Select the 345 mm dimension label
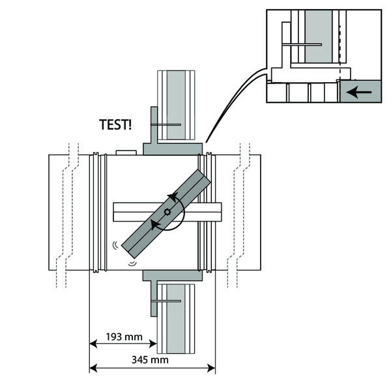(x=152, y=360)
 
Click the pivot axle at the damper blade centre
(x=167, y=211)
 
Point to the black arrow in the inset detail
(x=359, y=92)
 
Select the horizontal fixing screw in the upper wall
(x=166, y=125)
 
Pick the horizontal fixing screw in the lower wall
(x=166, y=301)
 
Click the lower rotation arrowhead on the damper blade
(x=154, y=225)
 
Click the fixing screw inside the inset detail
(x=302, y=44)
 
